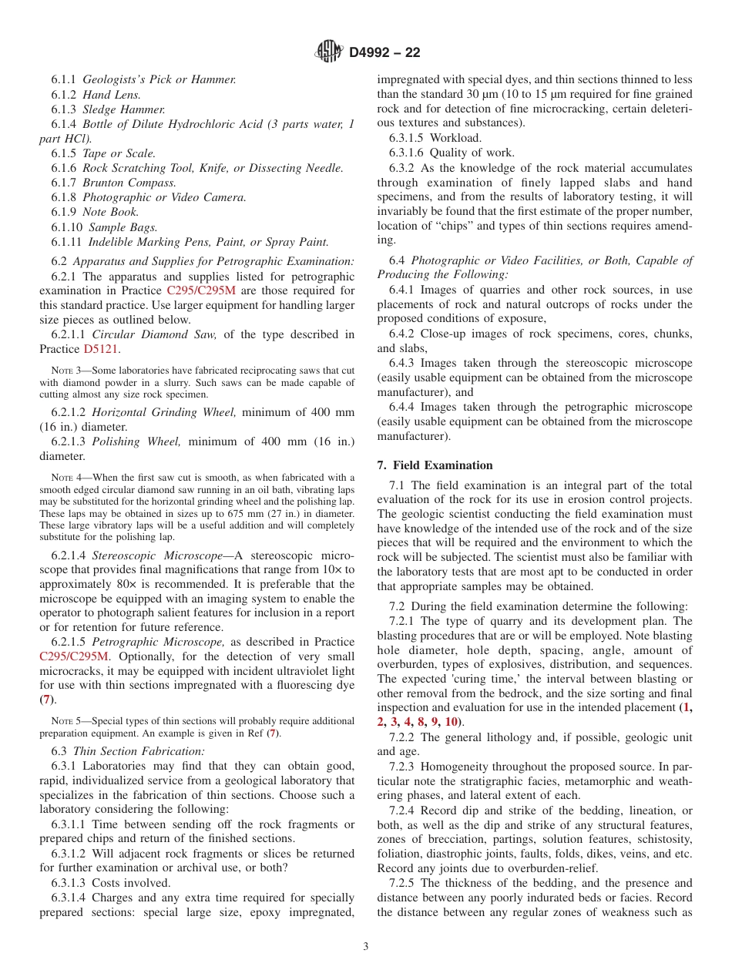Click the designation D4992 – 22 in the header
[384, 53]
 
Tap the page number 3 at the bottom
[366, 947]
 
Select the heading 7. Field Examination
[435, 465]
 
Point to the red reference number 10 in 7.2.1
[451, 722]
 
